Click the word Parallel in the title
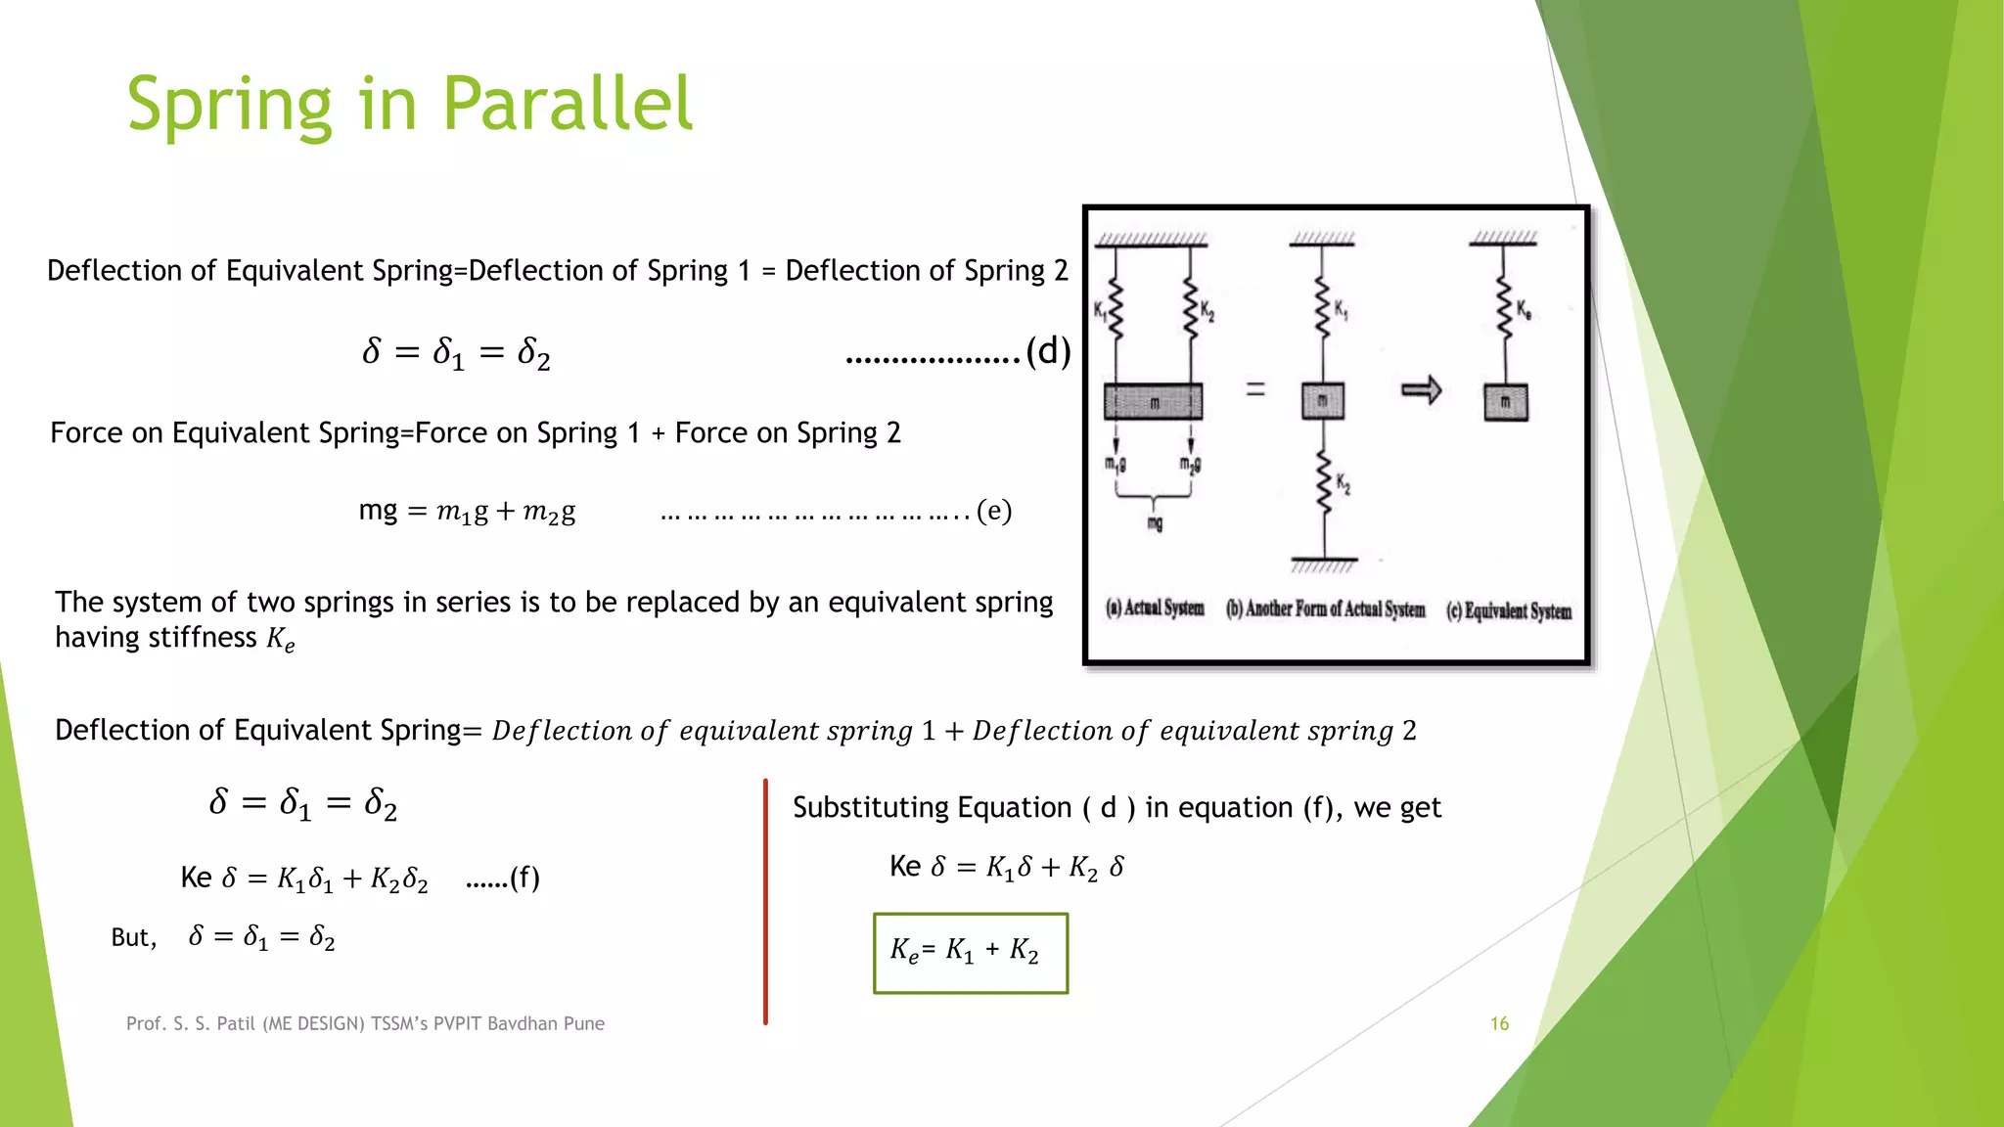pos(568,104)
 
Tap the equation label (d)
pos(1048,351)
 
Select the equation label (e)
pos(994,511)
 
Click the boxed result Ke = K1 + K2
pos(970,953)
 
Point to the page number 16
pos(1499,1023)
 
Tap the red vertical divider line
pos(765,901)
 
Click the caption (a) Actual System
pos(1155,608)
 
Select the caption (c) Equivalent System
pos(1509,610)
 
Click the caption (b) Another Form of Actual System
pos(1325,609)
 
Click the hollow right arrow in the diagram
pos(1421,390)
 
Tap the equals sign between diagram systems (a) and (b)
pos(1255,389)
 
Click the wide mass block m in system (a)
pos(1154,402)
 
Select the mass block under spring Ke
pos(1505,402)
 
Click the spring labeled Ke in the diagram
pos(1505,311)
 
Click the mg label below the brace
pos(1155,524)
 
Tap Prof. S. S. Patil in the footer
pos(191,1023)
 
